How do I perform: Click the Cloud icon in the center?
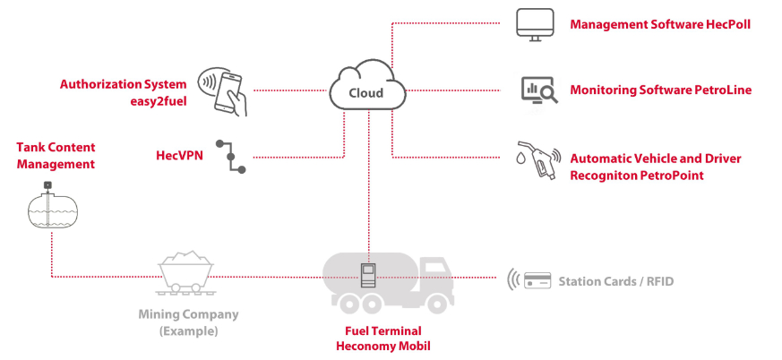click(x=366, y=90)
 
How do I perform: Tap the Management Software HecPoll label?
click(x=659, y=24)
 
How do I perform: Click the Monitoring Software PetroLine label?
click(x=660, y=90)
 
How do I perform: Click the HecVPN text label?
click(x=179, y=156)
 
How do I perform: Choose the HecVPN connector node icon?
click(x=234, y=156)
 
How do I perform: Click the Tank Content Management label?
click(x=56, y=156)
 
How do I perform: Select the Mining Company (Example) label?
click(x=188, y=322)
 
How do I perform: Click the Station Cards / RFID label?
click(x=615, y=282)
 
